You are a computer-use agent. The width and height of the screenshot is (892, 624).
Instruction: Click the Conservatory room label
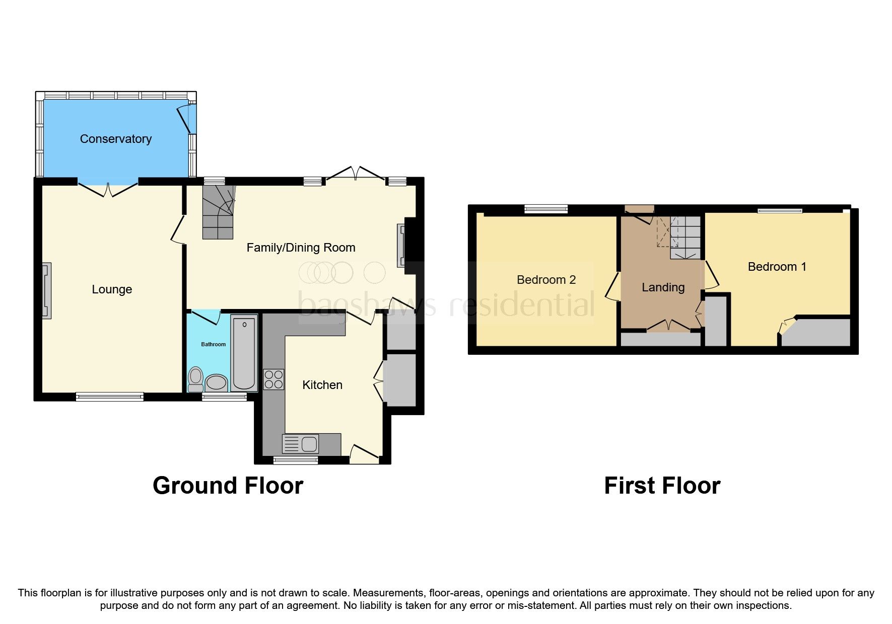(x=115, y=139)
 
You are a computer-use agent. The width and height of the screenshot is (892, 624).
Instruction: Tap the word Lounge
(x=112, y=289)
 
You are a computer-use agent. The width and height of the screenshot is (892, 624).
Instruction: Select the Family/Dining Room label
(x=301, y=248)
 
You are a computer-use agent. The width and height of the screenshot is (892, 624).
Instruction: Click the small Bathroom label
(x=214, y=344)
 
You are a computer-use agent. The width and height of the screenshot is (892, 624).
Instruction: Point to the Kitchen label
(x=322, y=385)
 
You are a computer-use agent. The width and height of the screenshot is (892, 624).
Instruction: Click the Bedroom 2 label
(x=546, y=280)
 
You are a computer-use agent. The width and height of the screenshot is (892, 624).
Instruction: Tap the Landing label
(x=663, y=287)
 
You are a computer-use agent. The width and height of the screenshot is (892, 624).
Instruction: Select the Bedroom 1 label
(x=777, y=267)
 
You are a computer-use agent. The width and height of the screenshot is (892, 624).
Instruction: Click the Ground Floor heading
(x=228, y=486)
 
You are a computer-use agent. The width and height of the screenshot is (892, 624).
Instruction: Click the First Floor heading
(x=662, y=486)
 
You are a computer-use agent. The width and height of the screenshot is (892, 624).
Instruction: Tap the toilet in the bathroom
(x=195, y=379)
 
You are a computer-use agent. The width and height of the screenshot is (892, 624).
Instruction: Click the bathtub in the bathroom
(x=244, y=352)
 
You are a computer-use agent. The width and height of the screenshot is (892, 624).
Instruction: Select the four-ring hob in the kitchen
(x=273, y=379)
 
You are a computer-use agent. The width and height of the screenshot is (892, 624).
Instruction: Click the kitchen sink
(x=301, y=444)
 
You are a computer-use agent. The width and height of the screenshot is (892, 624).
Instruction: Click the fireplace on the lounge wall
(x=46, y=291)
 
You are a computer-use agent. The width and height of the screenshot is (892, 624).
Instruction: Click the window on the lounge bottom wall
(x=110, y=397)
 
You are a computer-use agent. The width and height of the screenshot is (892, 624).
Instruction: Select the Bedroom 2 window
(x=546, y=209)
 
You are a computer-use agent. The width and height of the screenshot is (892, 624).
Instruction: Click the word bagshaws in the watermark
(x=367, y=305)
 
